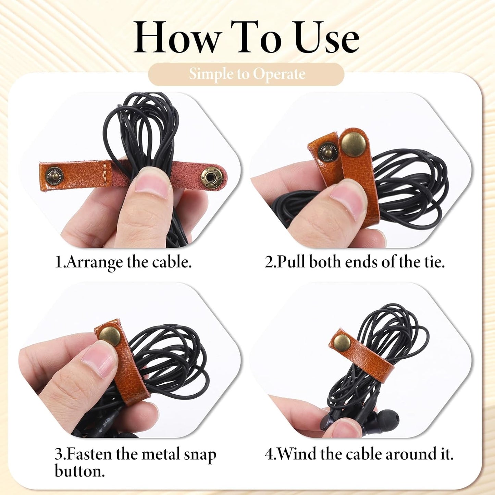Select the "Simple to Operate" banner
pyautogui.click(x=246, y=74)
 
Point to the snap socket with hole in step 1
pyautogui.click(x=212, y=177)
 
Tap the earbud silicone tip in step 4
pyautogui.click(x=387, y=421)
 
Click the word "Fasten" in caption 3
pyautogui.click(x=89, y=455)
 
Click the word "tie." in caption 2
pyautogui.click(x=435, y=262)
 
